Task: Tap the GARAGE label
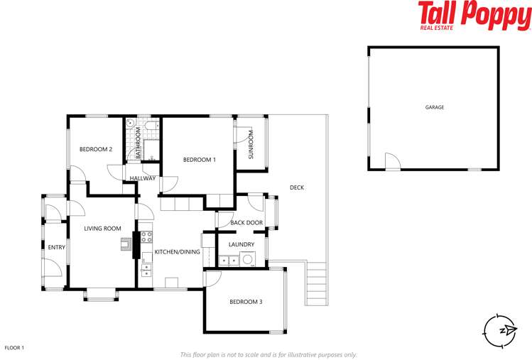pyautogui.click(x=435, y=107)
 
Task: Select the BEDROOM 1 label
pyautogui.click(x=199, y=160)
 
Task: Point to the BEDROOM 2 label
pyautogui.click(x=96, y=149)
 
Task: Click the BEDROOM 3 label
pyautogui.click(x=246, y=302)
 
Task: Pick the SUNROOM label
pyautogui.click(x=251, y=144)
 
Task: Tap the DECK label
pyautogui.click(x=297, y=187)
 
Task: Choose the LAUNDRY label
pyautogui.click(x=241, y=245)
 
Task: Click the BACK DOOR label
pyautogui.click(x=246, y=223)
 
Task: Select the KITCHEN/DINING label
pyautogui.click(x=178, y=252)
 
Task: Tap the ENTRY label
pyautogui.click(x=56, y=247)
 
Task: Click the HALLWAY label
pyautogui.click(x=142, y=178)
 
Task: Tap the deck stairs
pyautogui.click(x=316, y=284)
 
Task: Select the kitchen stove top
pyautogui.click(x=146, y=236)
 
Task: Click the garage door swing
pyautogui.click(x=392, y=163)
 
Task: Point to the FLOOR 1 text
pyautogui.click(x=14, y=348)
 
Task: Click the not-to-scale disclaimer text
pyautogui.click(x=268, y=354)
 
